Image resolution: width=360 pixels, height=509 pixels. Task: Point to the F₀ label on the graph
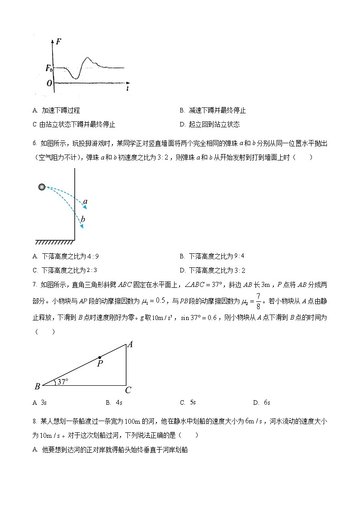point(49,68)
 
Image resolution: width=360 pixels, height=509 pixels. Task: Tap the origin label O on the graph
point(49,83)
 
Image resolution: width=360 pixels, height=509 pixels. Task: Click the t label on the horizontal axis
point(128,89)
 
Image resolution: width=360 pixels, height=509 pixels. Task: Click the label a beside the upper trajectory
point(85,201)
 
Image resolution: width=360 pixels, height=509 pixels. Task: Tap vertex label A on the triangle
point(130,344)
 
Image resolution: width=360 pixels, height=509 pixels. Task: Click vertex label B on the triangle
point(37,387)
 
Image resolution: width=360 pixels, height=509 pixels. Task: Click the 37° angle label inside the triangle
point(62,382)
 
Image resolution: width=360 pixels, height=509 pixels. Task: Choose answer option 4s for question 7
point(119,402)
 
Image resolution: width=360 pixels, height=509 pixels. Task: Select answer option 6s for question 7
point(267,402)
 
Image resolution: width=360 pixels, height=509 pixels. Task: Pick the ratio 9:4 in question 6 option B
point(239,256)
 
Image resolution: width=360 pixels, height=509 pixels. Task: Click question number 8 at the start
point(34,422)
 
